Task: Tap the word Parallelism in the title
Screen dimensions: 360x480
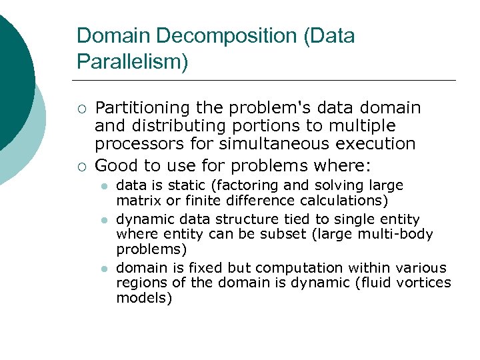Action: click(130, 61)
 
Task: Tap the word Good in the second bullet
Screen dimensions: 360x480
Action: click(113, 165)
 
